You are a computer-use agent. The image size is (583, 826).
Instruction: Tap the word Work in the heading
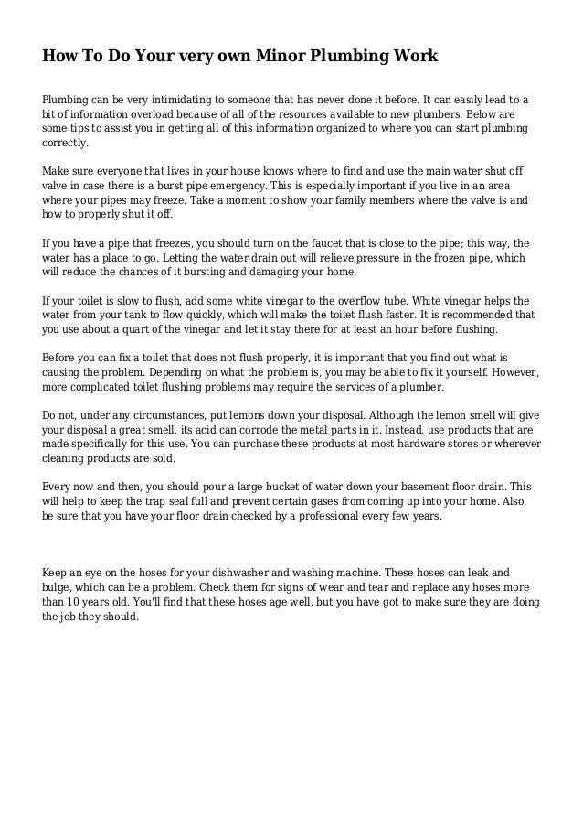coord(417,57)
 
